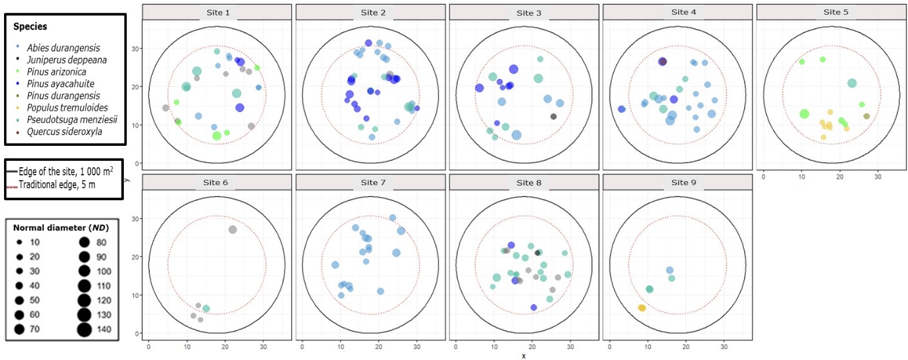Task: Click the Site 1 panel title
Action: (x=218, y=12)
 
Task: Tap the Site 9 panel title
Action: (x=683, y=182)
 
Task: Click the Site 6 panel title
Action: (x=215, y=182)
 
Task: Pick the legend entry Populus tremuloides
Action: (x=67, y=108)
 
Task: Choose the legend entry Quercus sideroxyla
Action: (x=64, y=131)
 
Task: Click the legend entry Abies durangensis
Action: (x=63, y=48)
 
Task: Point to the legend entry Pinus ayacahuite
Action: (x=60, y=84)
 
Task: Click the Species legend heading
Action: (x=30, y=27)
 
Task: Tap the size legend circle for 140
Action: (x=84, y=329)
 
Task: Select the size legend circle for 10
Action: (x=19, y=243)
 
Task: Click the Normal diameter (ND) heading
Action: (x=61, y=228)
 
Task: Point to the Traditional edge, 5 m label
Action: (x=57, y=185)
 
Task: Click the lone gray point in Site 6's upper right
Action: (x=233, y=230)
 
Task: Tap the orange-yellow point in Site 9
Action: (x=642, y=308)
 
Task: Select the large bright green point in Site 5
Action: (x=804, y=114)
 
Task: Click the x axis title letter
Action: (x=524, y=356)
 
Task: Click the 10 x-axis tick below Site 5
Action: (x=802, y=177)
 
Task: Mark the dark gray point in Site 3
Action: (x=553, y=116)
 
